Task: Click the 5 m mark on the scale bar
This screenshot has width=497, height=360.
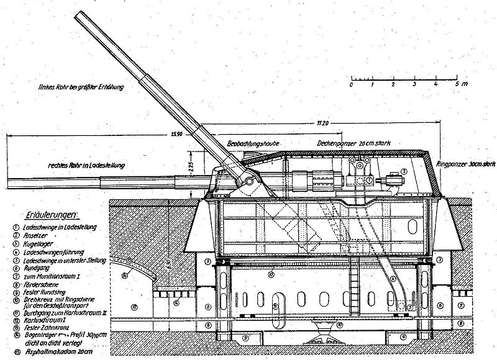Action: (457, 83)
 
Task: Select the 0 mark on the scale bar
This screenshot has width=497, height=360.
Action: (352, 83)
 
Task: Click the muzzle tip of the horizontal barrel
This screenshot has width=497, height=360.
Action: (9, 184)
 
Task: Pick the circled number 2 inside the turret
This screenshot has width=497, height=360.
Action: (404, 171)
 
